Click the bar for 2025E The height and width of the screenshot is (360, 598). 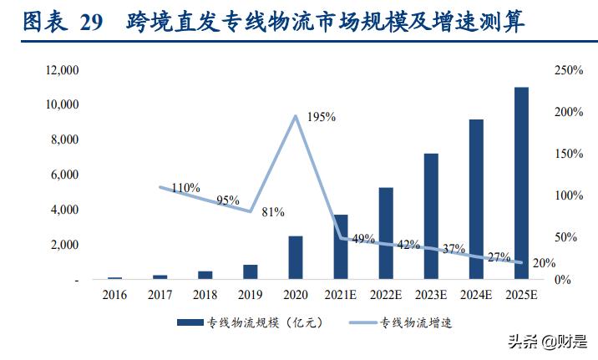tap(521, 183)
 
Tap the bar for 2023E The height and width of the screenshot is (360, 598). tap(431, 216)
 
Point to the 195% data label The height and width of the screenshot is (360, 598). tap(321, 117)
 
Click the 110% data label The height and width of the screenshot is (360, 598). tap(185, 188)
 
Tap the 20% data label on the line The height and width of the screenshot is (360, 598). tap(544, 263)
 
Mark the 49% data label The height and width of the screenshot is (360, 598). tap(364, 239)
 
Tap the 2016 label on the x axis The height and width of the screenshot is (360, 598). tap(114, 295)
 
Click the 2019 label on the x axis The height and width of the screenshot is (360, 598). tap(250, 295)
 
